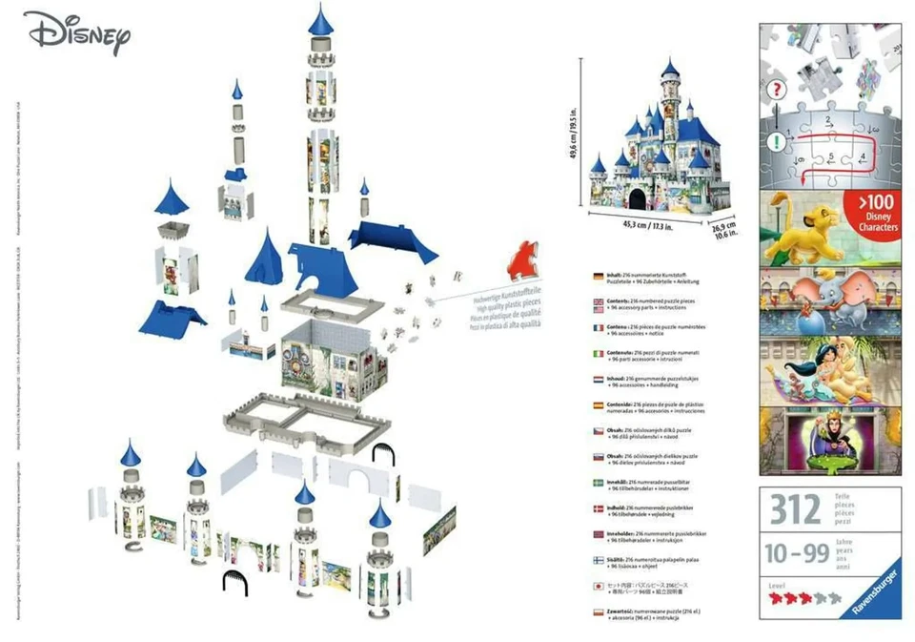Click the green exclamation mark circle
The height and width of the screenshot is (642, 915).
point(779,141)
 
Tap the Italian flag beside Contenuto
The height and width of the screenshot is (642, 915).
point(598,354)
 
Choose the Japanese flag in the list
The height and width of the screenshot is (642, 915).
point(598,586)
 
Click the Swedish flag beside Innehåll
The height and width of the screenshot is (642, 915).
point(598,483)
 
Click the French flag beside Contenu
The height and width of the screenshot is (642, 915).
point(598,328)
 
